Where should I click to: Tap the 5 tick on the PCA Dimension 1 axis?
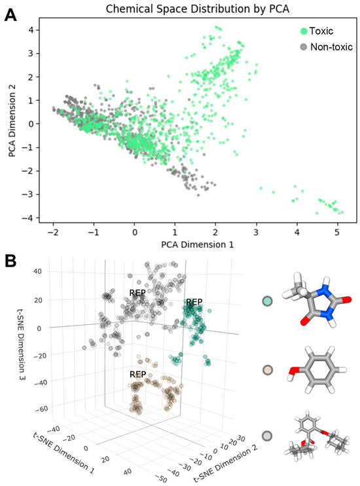tap(336, 232)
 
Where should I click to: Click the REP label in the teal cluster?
tap(194, 302)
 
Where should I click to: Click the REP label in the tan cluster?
tap(137, 375)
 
